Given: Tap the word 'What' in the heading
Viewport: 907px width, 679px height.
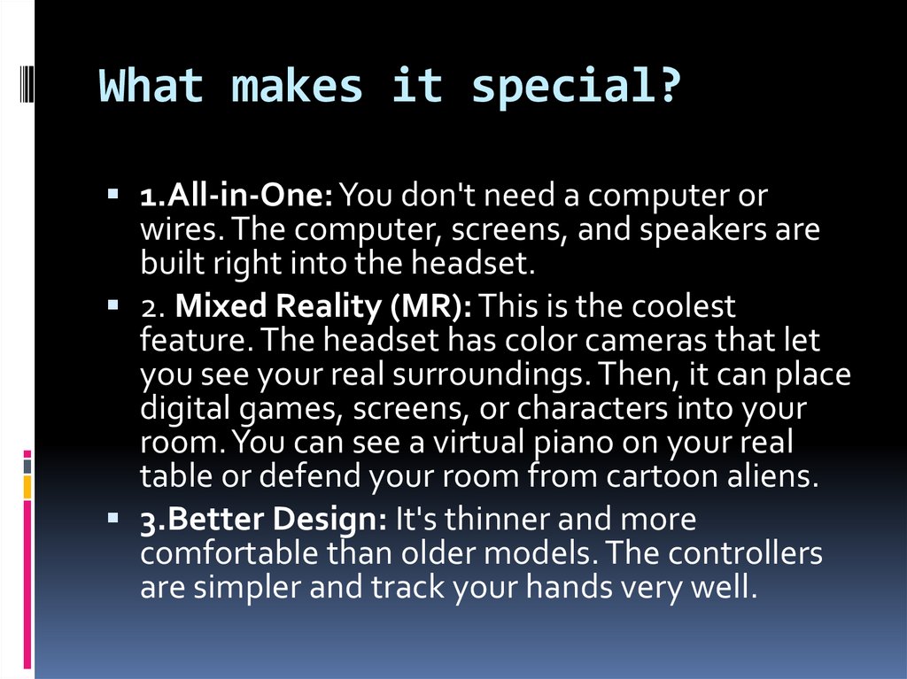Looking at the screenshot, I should coord(151,87).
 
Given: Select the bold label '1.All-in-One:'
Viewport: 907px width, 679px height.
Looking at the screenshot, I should coord(236,195).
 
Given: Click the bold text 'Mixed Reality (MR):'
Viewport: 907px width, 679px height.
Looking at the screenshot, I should coord(323,307).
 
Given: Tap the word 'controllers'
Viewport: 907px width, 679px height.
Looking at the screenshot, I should coord(745,553).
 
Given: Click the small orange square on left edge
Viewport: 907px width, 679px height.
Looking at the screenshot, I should coord(27,486).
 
